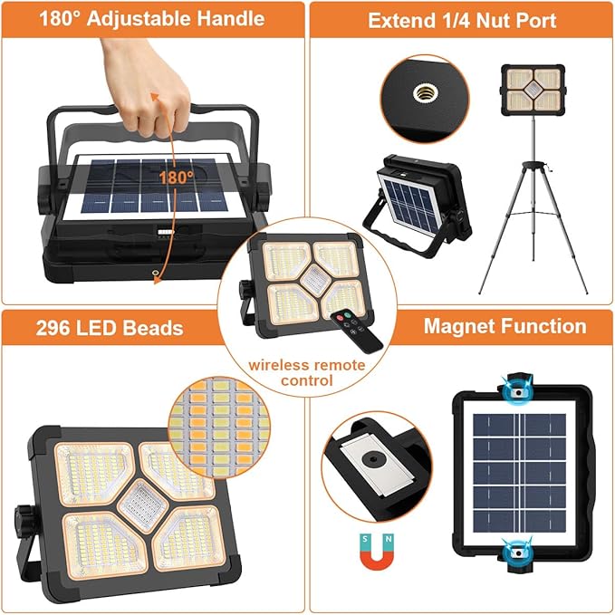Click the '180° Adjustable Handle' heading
(151, 18)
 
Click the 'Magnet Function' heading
(504, 326)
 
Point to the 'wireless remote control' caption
(308, 372)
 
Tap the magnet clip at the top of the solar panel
(517, 388)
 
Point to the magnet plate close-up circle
(370, 461)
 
